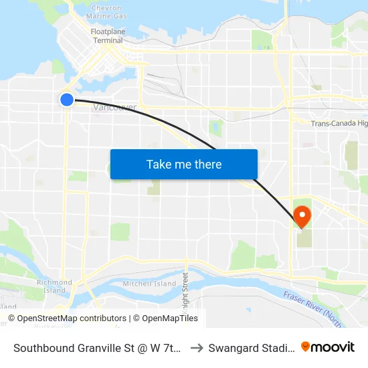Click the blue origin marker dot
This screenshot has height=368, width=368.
(67, 100)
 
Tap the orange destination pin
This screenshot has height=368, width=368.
(302, 215)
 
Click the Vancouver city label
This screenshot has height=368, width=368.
(115, 108)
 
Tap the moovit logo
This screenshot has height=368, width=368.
(328, 347)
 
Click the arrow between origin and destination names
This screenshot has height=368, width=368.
(196, 348)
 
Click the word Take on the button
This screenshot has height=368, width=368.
(159, 165)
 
